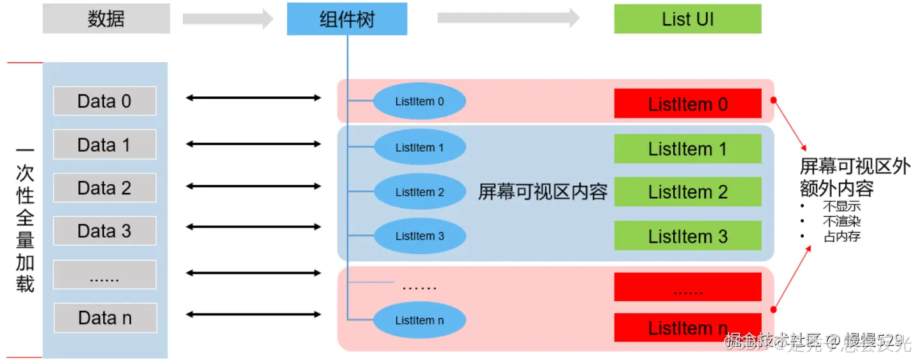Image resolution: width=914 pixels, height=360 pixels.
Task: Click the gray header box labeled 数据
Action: (x=106, y=19)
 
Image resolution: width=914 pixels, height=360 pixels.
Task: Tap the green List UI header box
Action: (x=687, y=19)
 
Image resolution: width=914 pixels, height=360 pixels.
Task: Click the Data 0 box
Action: (x=104, y=101)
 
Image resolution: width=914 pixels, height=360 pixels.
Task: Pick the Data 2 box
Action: (x=104, y=188)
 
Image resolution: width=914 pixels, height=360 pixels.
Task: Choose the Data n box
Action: (x=105, y=317)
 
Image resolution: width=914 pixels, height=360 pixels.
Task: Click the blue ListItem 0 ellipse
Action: (x=419, y=101)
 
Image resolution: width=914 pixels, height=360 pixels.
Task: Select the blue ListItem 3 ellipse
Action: (x=419, y=236)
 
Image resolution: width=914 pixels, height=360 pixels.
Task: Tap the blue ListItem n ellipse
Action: (x=419, y=320)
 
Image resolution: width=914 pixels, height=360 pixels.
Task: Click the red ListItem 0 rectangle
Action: (x=687, y=104)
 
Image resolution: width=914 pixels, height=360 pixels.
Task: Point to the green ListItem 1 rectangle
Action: (x=687, y=149)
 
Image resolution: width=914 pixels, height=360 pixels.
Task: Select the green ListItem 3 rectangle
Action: (x=687, y=236)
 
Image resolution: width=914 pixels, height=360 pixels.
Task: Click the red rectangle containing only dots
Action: (x=687, y=287)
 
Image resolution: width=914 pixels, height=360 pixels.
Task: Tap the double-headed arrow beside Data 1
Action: (x=253, y=144)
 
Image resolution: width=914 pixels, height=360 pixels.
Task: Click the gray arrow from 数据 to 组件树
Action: (x=227, y=19)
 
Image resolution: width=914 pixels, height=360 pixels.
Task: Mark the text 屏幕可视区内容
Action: (x=543, y=192)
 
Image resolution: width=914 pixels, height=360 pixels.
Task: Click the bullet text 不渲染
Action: (x=841, y=222)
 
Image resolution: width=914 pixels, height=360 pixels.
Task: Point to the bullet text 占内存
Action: (x=841, y=236)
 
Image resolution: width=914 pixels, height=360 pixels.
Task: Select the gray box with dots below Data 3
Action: (x=104, y=275)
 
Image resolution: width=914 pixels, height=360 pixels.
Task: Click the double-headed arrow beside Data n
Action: (x=253, y=314)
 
